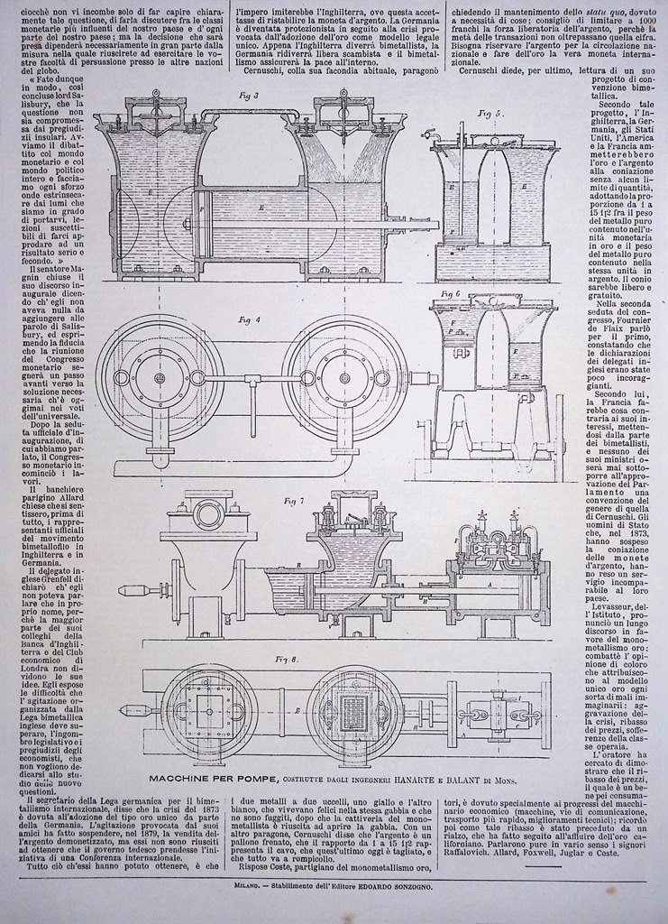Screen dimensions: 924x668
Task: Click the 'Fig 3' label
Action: tap(250, 95)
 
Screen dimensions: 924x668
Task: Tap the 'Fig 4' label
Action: tap(249, 319)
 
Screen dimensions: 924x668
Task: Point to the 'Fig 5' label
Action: tap(490, 114)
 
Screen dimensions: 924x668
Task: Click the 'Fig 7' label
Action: tap(294, 500)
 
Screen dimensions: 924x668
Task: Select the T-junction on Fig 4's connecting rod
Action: tap(253, 386)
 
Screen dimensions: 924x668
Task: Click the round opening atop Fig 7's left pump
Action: tap(208, 515)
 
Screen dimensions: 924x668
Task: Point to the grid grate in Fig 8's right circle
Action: tap(354, 712)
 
